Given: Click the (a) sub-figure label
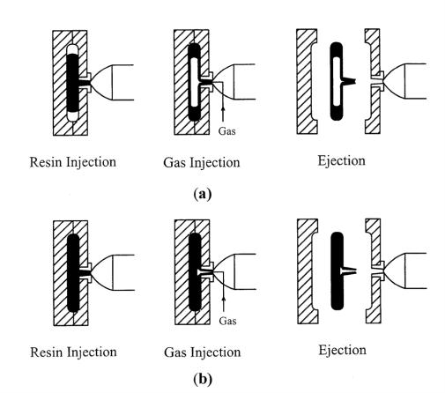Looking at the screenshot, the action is [203, 194].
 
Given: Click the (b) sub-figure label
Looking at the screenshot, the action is [203, 379].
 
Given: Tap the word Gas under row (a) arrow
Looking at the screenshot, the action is [226, 131].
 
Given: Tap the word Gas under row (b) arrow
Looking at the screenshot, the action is [227, 321].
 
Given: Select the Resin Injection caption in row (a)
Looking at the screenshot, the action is [73, 162].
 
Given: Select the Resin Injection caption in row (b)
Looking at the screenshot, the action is [73, 352].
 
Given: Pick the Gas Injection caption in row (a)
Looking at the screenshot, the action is [202, 162].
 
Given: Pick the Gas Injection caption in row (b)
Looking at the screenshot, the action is [203, 352].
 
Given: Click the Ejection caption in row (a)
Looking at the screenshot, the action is [342, 161].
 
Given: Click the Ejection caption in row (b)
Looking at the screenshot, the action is [343, 350].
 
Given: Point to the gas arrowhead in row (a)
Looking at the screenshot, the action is [223, 108].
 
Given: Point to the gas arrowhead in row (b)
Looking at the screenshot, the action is [224, 299].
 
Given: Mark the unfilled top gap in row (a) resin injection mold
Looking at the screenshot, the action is [73, 49].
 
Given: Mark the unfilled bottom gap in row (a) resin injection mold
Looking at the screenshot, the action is [73, 116].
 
